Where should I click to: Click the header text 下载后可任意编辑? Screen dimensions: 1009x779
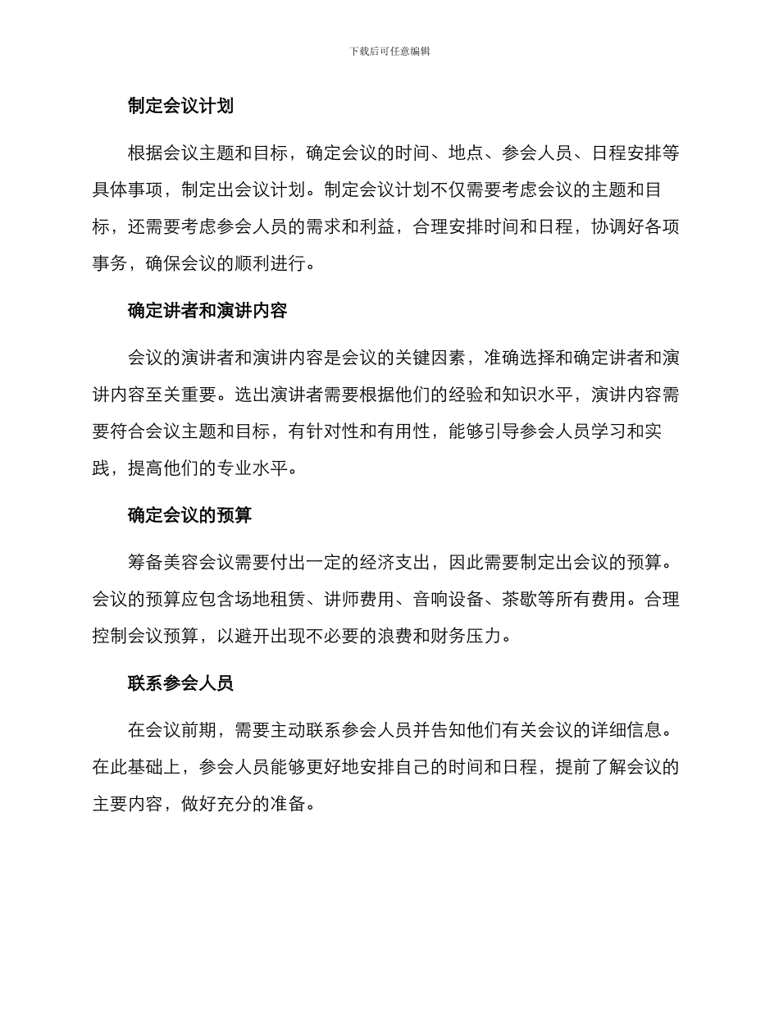(x=389, y=51)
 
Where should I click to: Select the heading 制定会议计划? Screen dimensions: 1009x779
(x=180, y=106)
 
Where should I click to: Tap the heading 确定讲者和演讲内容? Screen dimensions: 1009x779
(x=207, y=311)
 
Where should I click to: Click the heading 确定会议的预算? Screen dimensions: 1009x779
(x=189, y=515)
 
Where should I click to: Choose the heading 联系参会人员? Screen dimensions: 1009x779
(x=180, y=683)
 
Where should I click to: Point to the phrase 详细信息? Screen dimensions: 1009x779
(x=626, y=730)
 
